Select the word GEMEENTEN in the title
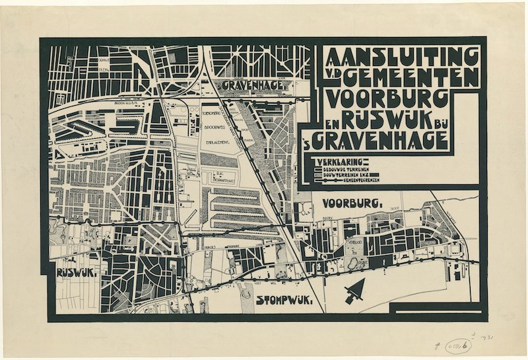[410, 77]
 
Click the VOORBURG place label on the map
[353, 203]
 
